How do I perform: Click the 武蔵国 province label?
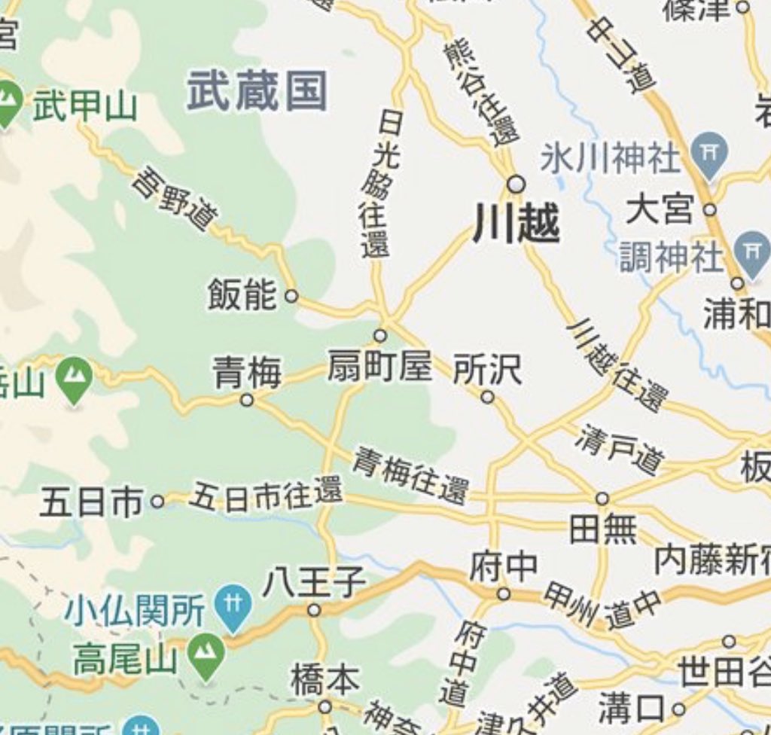tap(257, 91)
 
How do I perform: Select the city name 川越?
tap(517, 224)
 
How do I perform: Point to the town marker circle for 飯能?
tap(291, 296)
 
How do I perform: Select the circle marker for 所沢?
tap(488, 397)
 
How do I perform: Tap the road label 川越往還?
tap(617, 364)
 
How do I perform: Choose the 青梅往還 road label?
tap(410, 474)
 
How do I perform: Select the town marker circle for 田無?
tap(602, 499)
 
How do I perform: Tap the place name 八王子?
tap(314, 582)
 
